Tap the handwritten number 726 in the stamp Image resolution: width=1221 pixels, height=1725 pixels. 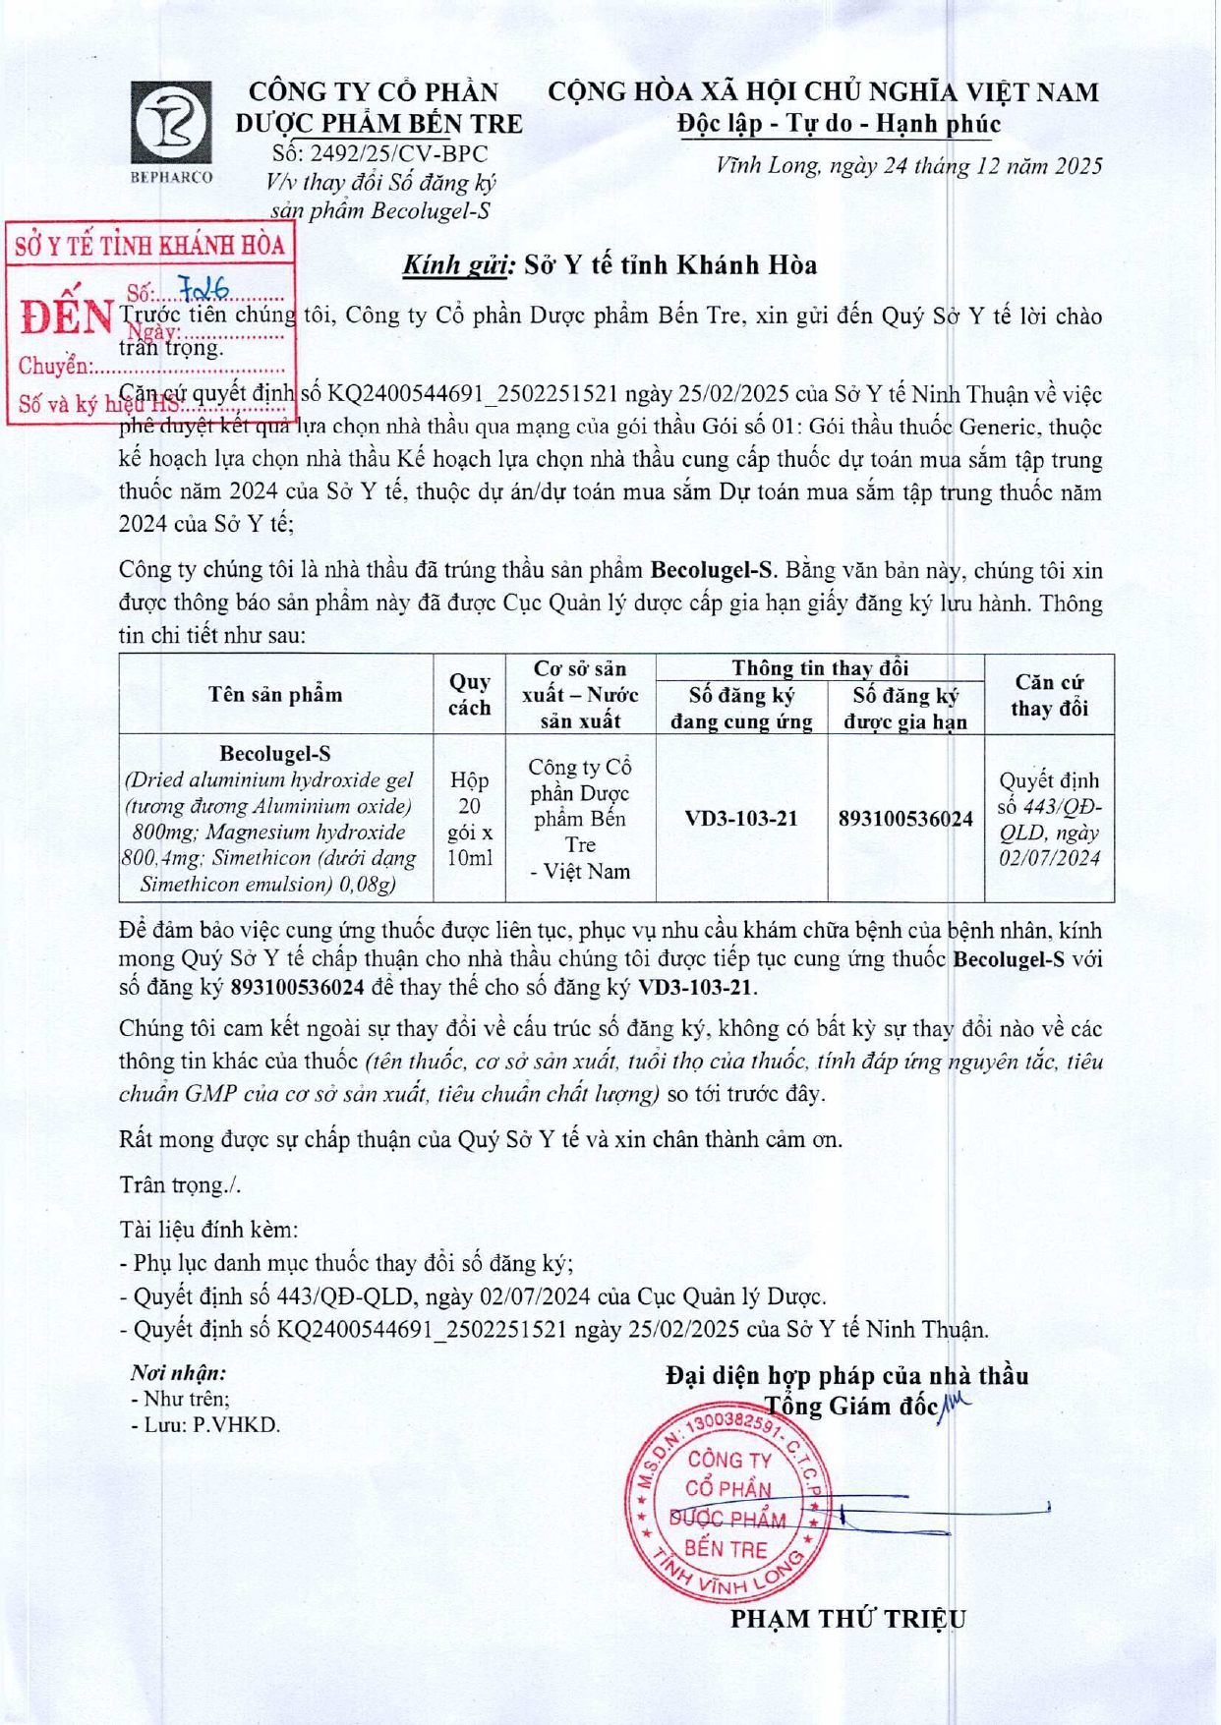coord(203,288)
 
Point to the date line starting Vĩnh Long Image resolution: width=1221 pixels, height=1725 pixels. coord(908,165)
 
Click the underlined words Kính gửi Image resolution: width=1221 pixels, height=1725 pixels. coord(458,265)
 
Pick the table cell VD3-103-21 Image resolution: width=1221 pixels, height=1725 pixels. coord(740,819)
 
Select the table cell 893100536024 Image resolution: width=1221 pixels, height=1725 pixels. coord(905,819)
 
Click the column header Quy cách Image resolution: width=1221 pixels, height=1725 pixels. coord(469,694)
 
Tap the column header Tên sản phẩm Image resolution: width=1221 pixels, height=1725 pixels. coord(275,695)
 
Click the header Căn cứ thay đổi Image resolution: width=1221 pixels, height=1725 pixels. coord(1049,695)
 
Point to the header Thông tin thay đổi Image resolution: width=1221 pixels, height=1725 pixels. coord(819,668)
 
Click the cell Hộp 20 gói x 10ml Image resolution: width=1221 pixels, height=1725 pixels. coord(469,819)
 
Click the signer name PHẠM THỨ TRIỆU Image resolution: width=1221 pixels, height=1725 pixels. coord(847,1619)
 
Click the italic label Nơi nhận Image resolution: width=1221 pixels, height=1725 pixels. coord(178,1373)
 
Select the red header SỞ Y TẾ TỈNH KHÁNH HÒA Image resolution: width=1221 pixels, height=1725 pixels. coord(150,246)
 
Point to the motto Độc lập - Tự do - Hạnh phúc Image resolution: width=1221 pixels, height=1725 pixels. coord(839,125)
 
